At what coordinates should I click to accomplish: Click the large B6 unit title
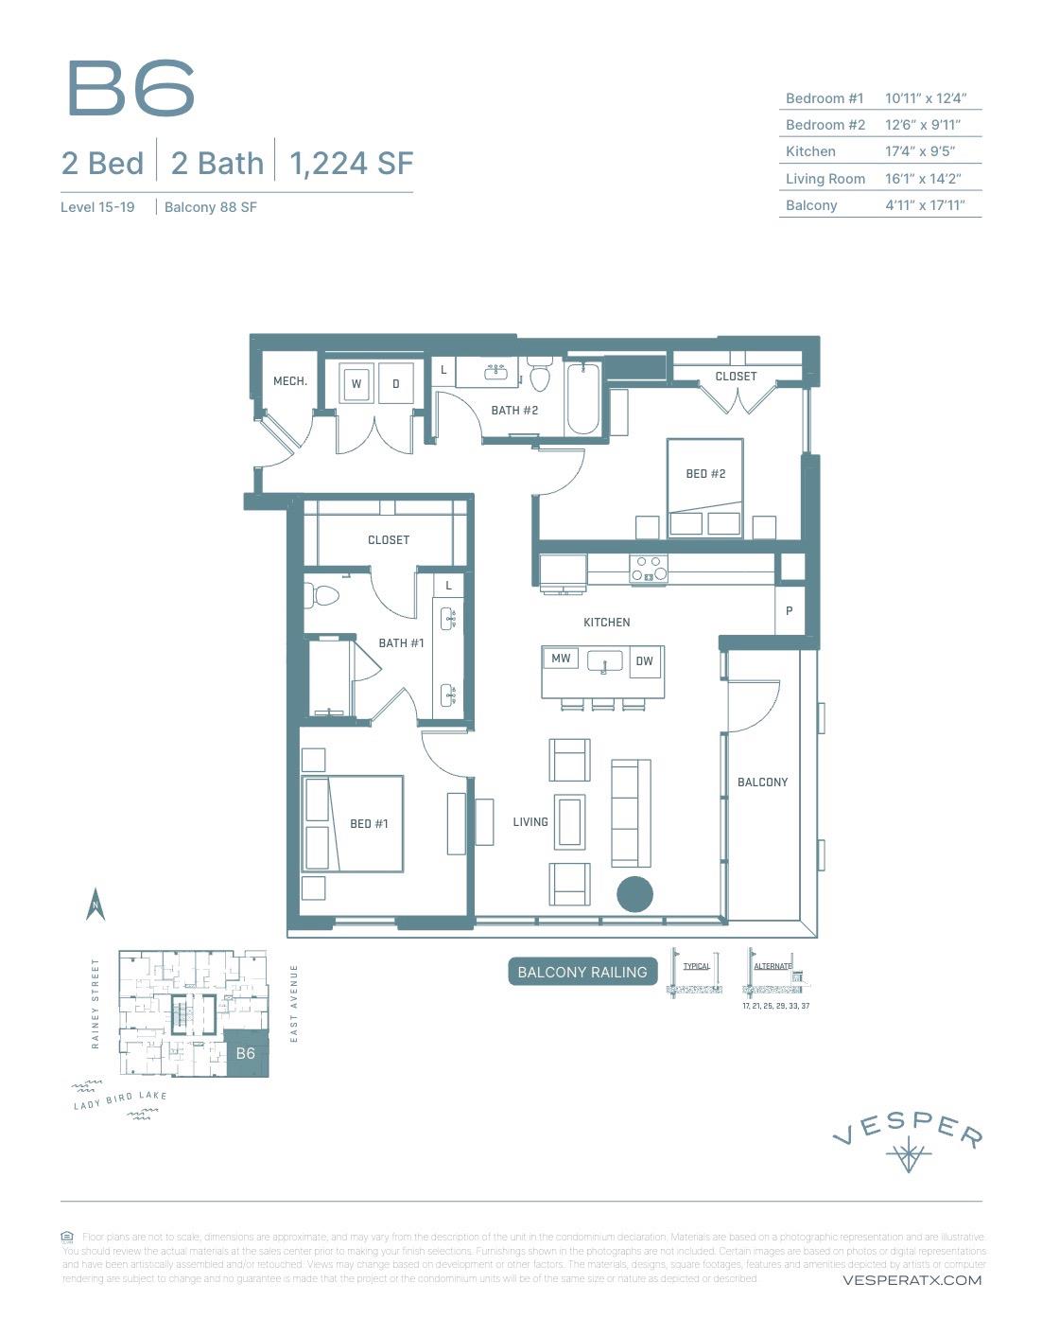click(130, 89)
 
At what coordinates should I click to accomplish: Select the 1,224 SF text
click(351, 164)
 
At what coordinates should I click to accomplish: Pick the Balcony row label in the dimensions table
click(811, 205)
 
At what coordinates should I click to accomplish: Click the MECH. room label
click(289, 381)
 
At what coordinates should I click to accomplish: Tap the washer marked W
click(356, 383)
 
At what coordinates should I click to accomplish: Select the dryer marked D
click(396, 383)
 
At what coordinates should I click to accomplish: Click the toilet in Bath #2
click(540, 377)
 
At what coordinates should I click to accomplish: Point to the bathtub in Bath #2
click(583, 398)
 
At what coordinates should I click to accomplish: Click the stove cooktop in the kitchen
click(649, 569)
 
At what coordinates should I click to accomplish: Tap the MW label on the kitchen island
click(561, 659)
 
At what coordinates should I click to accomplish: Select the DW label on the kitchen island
click(644, 661)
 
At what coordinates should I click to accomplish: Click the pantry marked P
click(790, 611)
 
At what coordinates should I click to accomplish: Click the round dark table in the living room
click(634, 894)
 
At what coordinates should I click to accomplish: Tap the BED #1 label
click(369, 823)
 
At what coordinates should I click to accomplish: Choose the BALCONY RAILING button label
click(582, 972)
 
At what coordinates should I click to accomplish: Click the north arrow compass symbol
click(96, 905)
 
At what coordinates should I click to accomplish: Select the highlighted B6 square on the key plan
click(246, 1054)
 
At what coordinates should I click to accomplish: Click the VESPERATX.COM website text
click(911, 1280)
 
